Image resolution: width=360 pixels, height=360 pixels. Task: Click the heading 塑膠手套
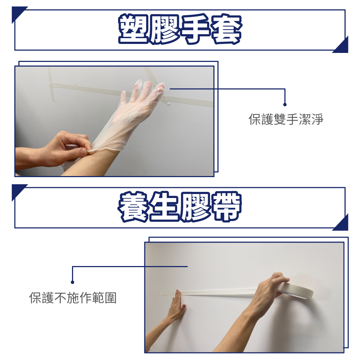pyautogui.click(x=180, y=29)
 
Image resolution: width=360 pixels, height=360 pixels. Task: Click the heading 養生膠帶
pyautogui.click(x=180, y=207)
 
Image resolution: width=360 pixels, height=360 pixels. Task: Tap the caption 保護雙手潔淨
pyautogui.click(x=286, y=119)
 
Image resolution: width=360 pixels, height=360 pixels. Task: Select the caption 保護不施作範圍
pyautogui.click(x=73, y=298)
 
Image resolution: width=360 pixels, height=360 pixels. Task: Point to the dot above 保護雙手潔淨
pyautogui.click(x=285, y=105)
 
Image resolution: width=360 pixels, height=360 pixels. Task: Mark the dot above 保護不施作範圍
pyautogui.click(x=72, y=282)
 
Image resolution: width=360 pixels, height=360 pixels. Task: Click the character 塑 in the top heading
pyautogui.click(x=133, y=29)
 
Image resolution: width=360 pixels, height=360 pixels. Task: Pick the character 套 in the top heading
pyautogui.click(x=226, y=29)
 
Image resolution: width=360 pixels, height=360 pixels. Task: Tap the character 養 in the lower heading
pyautogui.click(x=133, y=207)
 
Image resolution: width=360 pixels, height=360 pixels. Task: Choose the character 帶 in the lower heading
pyautogui.click(x=226, y=207)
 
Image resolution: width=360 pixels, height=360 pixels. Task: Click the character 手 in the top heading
pyautogui.click(x=195, y=29)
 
